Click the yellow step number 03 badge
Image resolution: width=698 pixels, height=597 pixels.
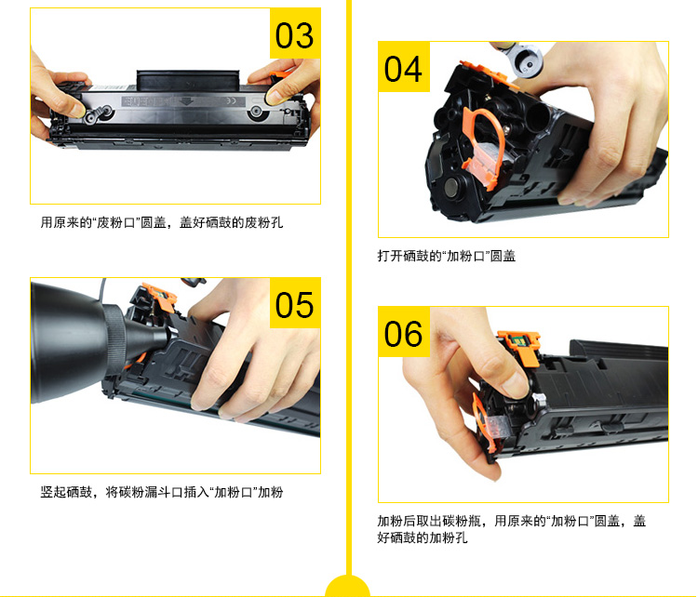tap(295, 33)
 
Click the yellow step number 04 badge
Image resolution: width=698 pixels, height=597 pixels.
tap(404, 67)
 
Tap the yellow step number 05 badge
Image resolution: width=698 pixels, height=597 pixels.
tap(295, 303)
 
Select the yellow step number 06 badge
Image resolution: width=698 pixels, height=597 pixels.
tap(404, 331)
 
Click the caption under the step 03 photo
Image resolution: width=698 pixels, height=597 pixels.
tap(162, 222)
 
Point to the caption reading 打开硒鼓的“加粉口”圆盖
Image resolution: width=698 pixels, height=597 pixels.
tap(447, 256)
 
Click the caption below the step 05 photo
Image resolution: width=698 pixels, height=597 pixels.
tap(162, 492)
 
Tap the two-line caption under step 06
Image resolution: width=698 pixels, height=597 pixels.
tap(512, 529)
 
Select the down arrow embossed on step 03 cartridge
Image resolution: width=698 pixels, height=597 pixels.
tap(185, 101)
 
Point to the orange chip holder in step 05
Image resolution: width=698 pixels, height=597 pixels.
tap(160, 297)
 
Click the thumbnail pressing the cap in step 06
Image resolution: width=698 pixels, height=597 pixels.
tap(516, 386)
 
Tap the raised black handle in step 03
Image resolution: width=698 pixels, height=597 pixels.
tap(188, 80)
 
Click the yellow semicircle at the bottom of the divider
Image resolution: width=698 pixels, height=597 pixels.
tap(348, 587)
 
